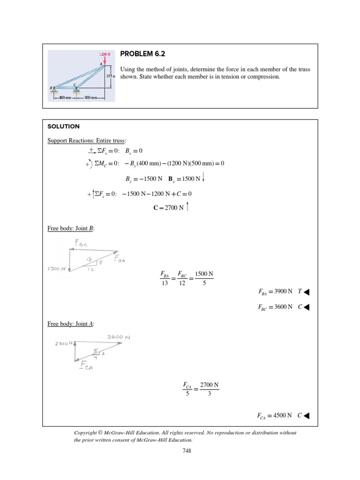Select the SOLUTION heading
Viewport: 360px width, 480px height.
[63, 127]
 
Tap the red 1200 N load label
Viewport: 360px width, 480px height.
[105, 54]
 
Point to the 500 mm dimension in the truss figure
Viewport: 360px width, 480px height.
[90, 97]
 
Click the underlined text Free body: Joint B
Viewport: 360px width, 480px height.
[71, 228]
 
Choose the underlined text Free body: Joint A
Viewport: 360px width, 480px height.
[71, 324]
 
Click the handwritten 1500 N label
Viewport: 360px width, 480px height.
[56, 269]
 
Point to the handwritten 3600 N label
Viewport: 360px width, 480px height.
[118, 337]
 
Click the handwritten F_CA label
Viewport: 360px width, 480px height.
[87, 365]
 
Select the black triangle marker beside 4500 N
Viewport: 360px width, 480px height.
[307, 415]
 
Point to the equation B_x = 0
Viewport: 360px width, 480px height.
[133, 150]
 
